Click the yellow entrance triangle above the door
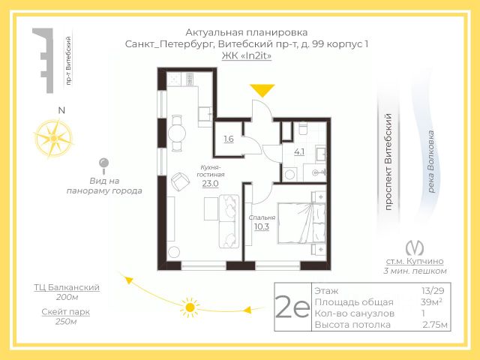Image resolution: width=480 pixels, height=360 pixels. (x=262, y=90)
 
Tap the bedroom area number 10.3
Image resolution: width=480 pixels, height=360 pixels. (x=262, y=226)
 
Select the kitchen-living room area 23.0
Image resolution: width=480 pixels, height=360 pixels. (x=210, y=184)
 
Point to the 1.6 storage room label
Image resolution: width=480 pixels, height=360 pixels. (x=229, y=139)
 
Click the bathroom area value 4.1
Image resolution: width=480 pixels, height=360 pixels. (x=299, y=151)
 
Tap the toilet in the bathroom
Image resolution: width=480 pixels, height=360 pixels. (x=302, y=128)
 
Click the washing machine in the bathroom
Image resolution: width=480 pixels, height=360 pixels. (x=289, y=175)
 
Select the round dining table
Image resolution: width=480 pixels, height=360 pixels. (x=177, y=133)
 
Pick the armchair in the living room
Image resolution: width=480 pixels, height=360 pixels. (x=180, y=181)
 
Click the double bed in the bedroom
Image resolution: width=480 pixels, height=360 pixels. (x=301, y=223)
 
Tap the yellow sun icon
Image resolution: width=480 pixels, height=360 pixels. (x=190, y=307)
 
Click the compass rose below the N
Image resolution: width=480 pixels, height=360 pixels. (x=53, y=139)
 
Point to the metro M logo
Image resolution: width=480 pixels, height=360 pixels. (x=415, y=248)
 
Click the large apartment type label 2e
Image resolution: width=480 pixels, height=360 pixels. (x=292, y=307)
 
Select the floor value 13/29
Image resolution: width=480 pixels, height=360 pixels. (x=433, y=290)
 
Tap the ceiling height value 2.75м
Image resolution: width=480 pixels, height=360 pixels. (x=435, y=325)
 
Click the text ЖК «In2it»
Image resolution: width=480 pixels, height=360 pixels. (x=247, y=55)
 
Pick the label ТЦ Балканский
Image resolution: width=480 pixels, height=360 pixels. (x=67, y=287)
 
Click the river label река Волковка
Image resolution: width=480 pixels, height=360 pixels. (x=431, y=162)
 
